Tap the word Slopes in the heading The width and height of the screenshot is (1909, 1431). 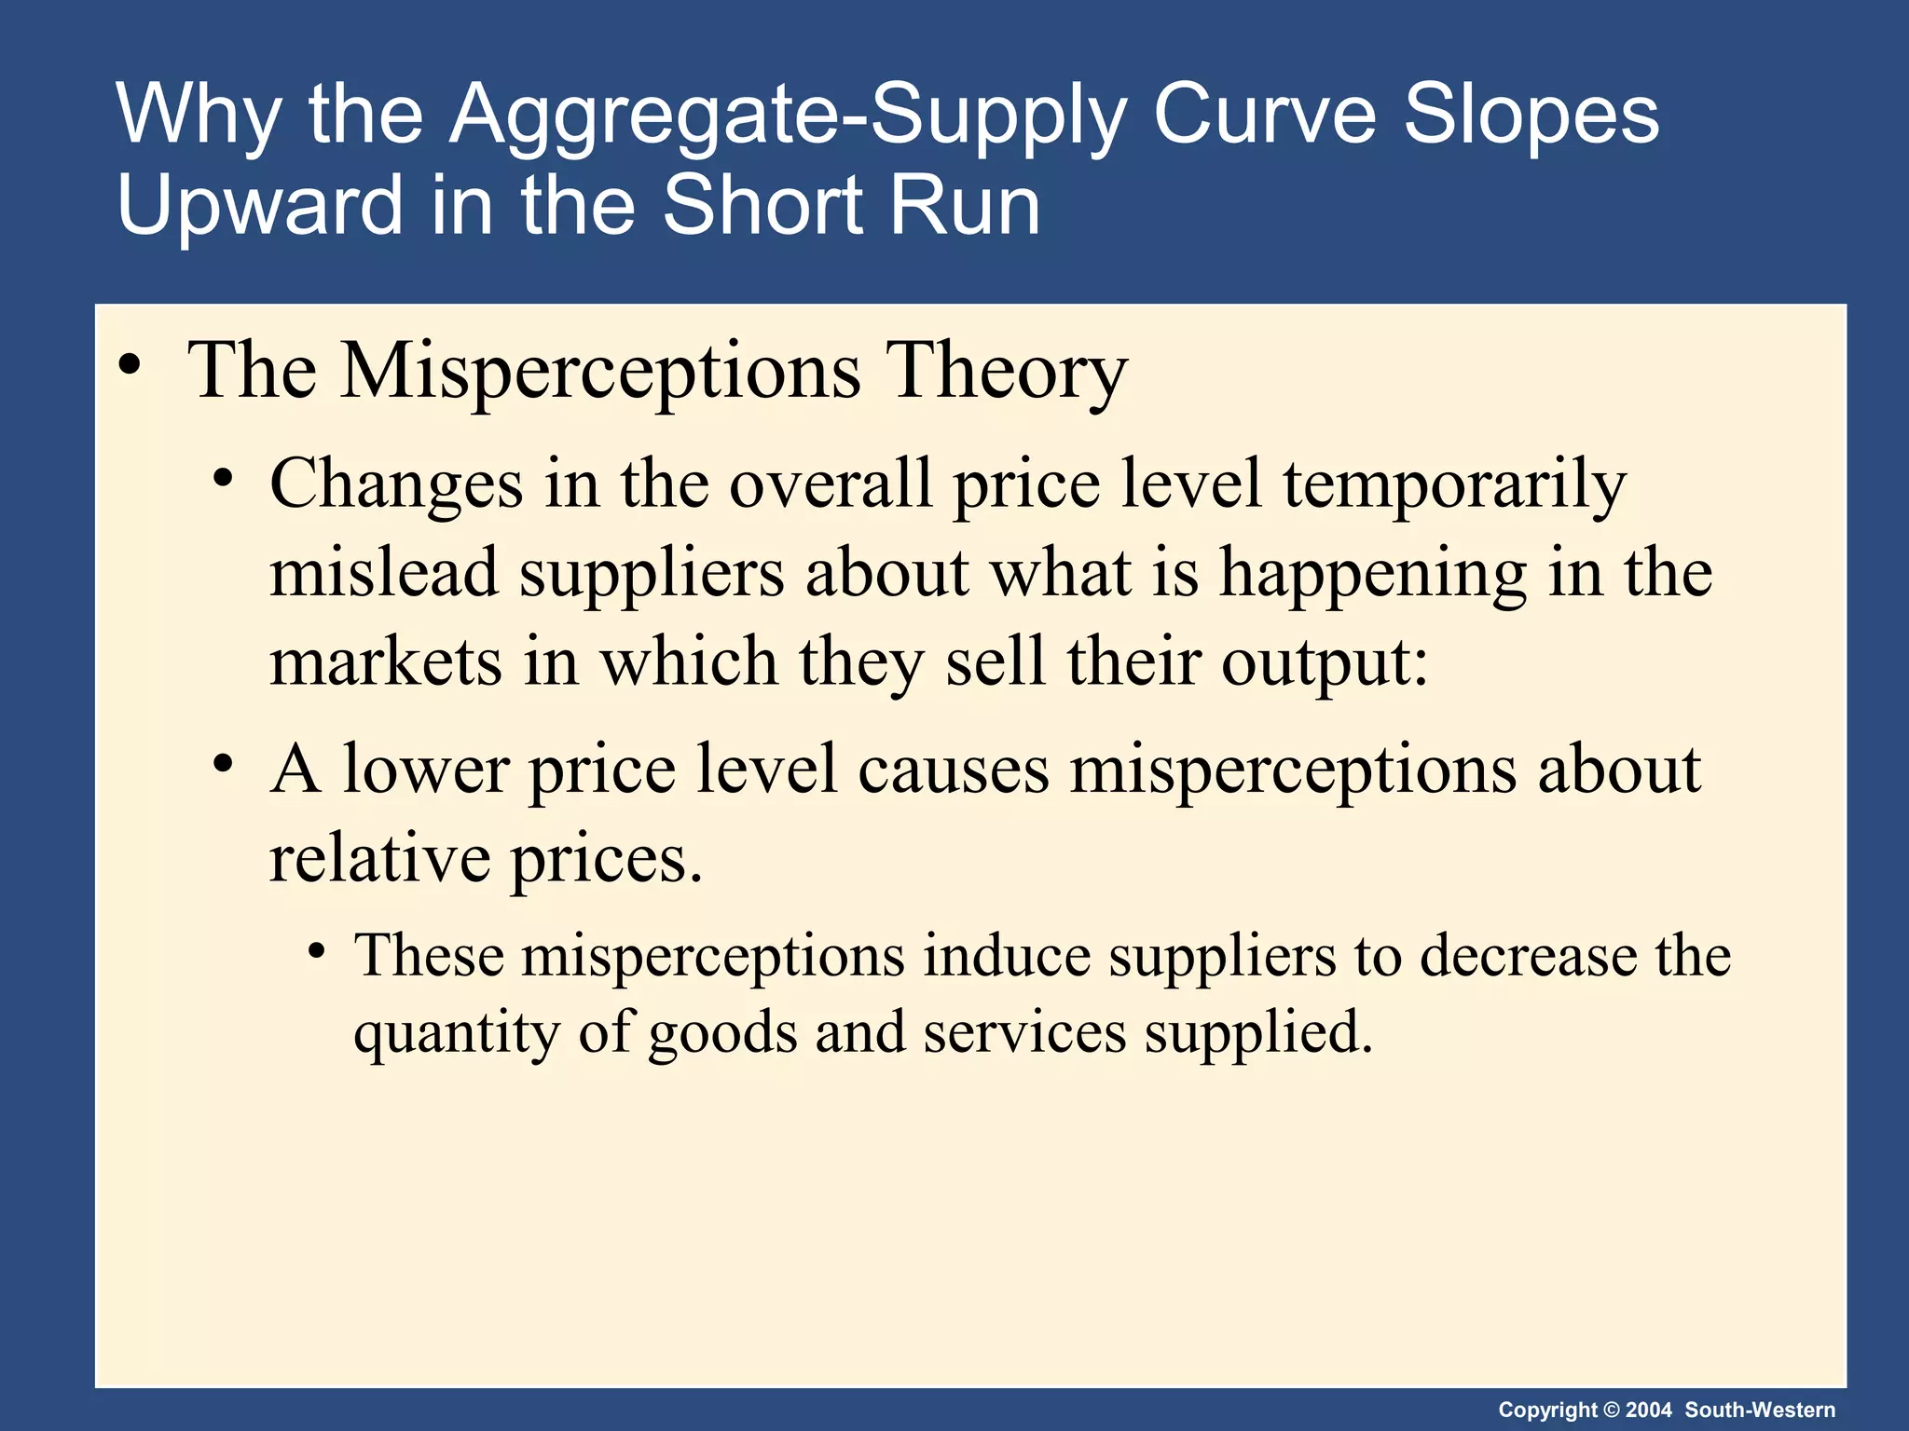click(x=1531, y=115)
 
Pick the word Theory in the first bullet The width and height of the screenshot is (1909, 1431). click(x=1006, y=371)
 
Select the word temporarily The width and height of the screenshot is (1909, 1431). click(x=1454, y=485)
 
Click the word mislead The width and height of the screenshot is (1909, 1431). click(x=383, y=572)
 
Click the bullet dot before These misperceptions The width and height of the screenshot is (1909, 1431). click(x=317, y=952)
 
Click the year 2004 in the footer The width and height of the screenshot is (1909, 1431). click(x=1649, y=1410)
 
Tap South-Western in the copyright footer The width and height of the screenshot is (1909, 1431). click(x=1760, y=1410)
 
